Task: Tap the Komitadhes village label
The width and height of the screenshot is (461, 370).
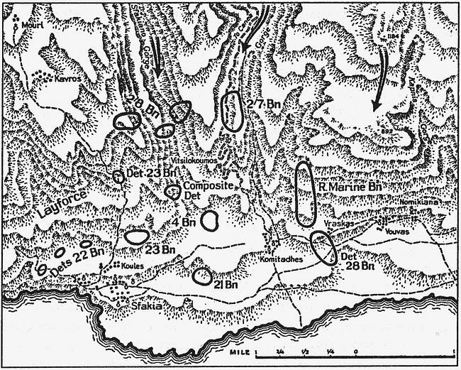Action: (x=288, y=259)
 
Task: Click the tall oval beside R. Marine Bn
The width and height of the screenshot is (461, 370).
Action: (x=305, y=194)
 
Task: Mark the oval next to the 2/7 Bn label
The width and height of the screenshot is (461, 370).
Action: (x=232, y=111)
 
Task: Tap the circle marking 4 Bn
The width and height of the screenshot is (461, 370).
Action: (x=209, y=220)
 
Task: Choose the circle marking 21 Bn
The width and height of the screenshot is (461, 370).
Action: (x=201, y=274)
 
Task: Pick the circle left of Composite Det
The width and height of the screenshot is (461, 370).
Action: (x=172, y=190)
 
